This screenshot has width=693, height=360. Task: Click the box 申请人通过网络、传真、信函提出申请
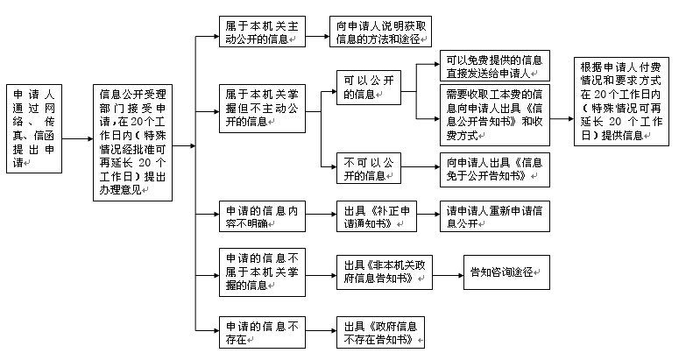click(x=35, y=138)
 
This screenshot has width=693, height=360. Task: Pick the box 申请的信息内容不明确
click(x=260, y=215)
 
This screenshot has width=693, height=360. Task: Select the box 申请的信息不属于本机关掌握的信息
click(x=260, y=271)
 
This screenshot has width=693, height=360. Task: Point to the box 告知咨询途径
click(x=506, y=272)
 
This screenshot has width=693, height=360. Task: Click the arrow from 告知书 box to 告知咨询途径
click(x=449, y=272)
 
